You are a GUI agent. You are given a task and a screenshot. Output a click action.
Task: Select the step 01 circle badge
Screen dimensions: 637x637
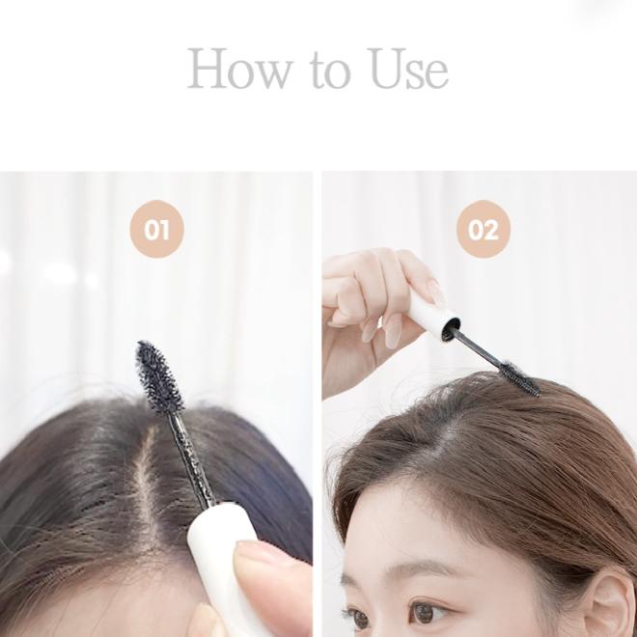coord(157,229)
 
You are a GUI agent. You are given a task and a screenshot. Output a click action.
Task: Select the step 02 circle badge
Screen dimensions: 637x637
coord(484,229)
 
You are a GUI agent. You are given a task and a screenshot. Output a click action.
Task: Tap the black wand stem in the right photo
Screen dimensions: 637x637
coord(476,348)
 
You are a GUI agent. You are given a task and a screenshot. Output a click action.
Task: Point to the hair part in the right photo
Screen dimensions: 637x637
coord(444,434)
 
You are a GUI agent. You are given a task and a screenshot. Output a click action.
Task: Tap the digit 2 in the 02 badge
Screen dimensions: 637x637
coord(492,229)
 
